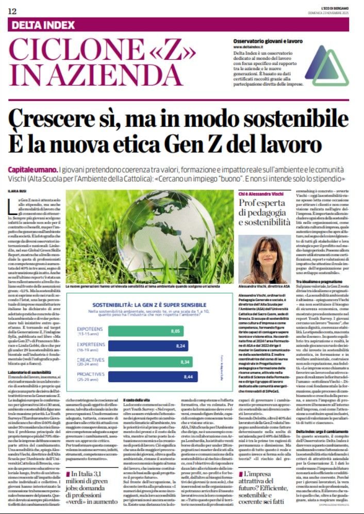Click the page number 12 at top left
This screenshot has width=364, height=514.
11,11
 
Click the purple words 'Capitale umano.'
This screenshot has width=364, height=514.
31,170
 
